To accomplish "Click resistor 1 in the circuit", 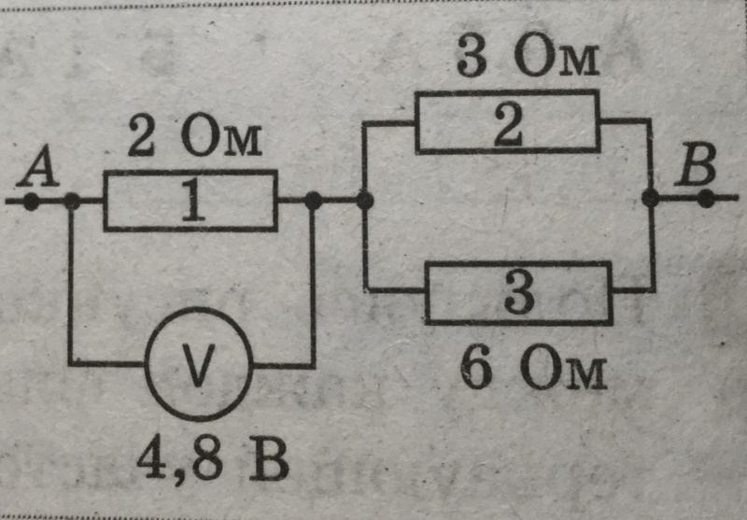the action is click(x=190, y=200).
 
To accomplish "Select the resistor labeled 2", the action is click(x=508, y=121).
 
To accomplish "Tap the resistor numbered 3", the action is click(x=519, y=293).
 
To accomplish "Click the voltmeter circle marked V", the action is click(x=199, y=364).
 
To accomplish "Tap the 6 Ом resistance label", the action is click(x=533, y=372).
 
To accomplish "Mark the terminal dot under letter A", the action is click(x=31, y=201).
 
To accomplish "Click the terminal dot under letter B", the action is click(x=706, y=198).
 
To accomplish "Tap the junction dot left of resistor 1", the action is click(x=71, y=201).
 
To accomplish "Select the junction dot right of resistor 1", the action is click(x=313, y=200).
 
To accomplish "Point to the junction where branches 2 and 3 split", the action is click(x=364, y=200).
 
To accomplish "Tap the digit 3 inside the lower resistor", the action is click(x=518, y=293).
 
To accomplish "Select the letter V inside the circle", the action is click(x=198, y=364).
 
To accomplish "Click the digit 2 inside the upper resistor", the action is click(x=508, y=122).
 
